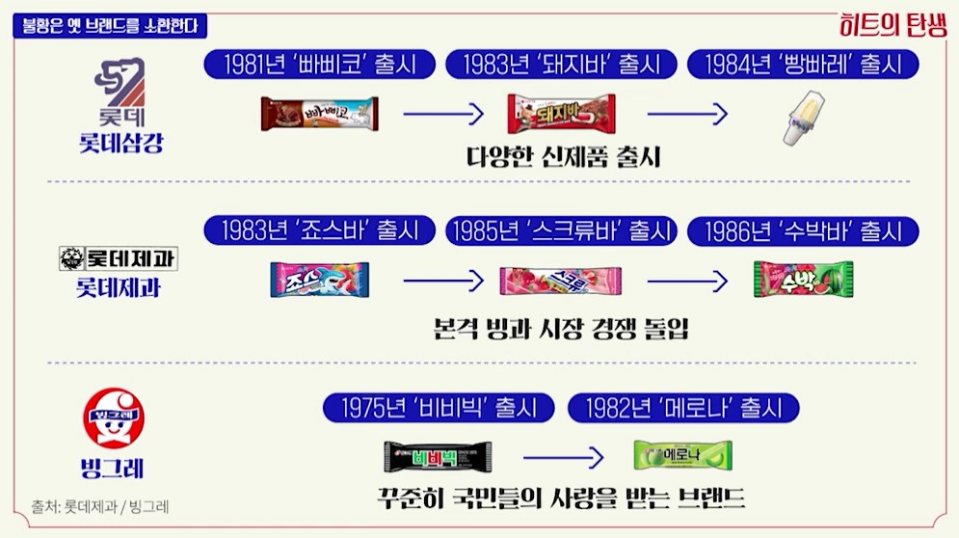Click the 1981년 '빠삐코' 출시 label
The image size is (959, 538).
click(319, 65)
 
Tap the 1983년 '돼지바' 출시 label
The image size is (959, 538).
click(561, 65)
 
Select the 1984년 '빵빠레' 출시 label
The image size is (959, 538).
click(803, 65)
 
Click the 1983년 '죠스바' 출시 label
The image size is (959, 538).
click(319, 231)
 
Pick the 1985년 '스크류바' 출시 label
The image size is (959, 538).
click(561, 231)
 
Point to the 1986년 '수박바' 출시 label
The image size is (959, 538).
click(803, 231)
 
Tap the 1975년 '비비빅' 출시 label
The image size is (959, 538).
click(440, 408)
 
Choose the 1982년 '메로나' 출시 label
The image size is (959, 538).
click(683, 408)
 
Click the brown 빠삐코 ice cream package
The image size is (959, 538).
click(319, 114)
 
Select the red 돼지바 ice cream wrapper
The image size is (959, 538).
click(561, 114)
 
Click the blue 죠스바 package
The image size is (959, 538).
click(319, 280)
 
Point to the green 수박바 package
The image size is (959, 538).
click(803, 280)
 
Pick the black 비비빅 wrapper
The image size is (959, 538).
click(438, 455)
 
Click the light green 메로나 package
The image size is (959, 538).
click(682, 454)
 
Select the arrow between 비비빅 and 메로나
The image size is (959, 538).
click(563, 456)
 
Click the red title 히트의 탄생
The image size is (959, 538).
click(894, 26)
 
